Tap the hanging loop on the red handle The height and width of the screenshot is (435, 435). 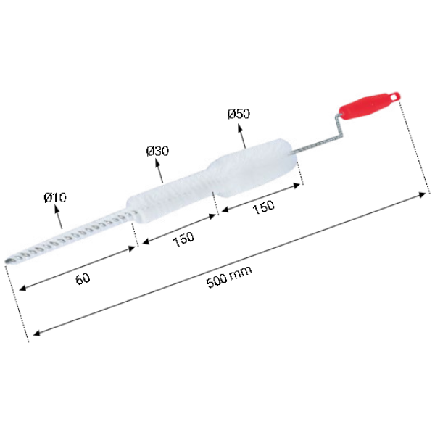[395, 96]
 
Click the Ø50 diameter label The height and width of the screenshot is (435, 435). [239, 114]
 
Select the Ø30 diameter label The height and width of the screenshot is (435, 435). [157, 152]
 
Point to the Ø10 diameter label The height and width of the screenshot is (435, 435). [55, 197]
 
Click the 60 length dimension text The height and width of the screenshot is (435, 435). [83, 278]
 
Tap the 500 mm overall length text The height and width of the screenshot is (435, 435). [229, 277]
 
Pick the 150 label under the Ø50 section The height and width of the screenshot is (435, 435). [264, 207]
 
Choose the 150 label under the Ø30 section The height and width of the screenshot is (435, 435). [183, 239]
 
